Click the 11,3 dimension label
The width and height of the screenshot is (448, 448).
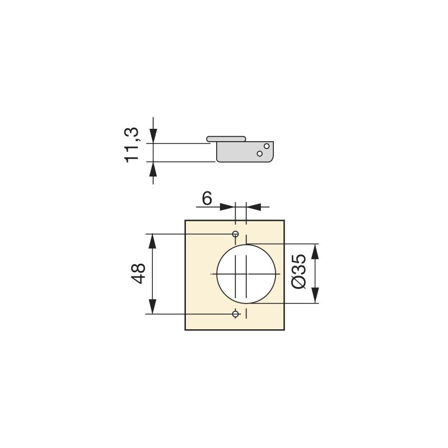tap(132, 144)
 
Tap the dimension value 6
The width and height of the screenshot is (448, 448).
tap(207, 198)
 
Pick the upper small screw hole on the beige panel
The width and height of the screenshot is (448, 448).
tap(236, 234)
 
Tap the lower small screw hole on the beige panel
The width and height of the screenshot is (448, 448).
tap(236, 314)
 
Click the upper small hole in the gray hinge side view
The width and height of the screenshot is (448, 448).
tap(267, 146)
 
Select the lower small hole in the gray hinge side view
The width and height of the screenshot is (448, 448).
tap(260, 153)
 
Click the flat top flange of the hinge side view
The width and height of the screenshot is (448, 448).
tap(226, 138)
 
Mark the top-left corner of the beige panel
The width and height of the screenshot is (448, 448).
tap(186, 220)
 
